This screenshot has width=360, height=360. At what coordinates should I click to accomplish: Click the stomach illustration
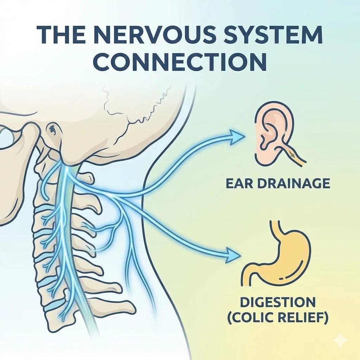(x=278, y=253)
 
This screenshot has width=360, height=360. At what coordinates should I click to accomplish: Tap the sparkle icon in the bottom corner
(x=341, y=340)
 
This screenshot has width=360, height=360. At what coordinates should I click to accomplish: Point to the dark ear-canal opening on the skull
(x=53, y=129)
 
